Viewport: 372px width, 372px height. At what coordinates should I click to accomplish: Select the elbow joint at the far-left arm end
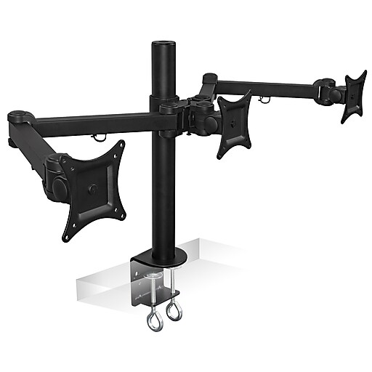coord(19,116)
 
